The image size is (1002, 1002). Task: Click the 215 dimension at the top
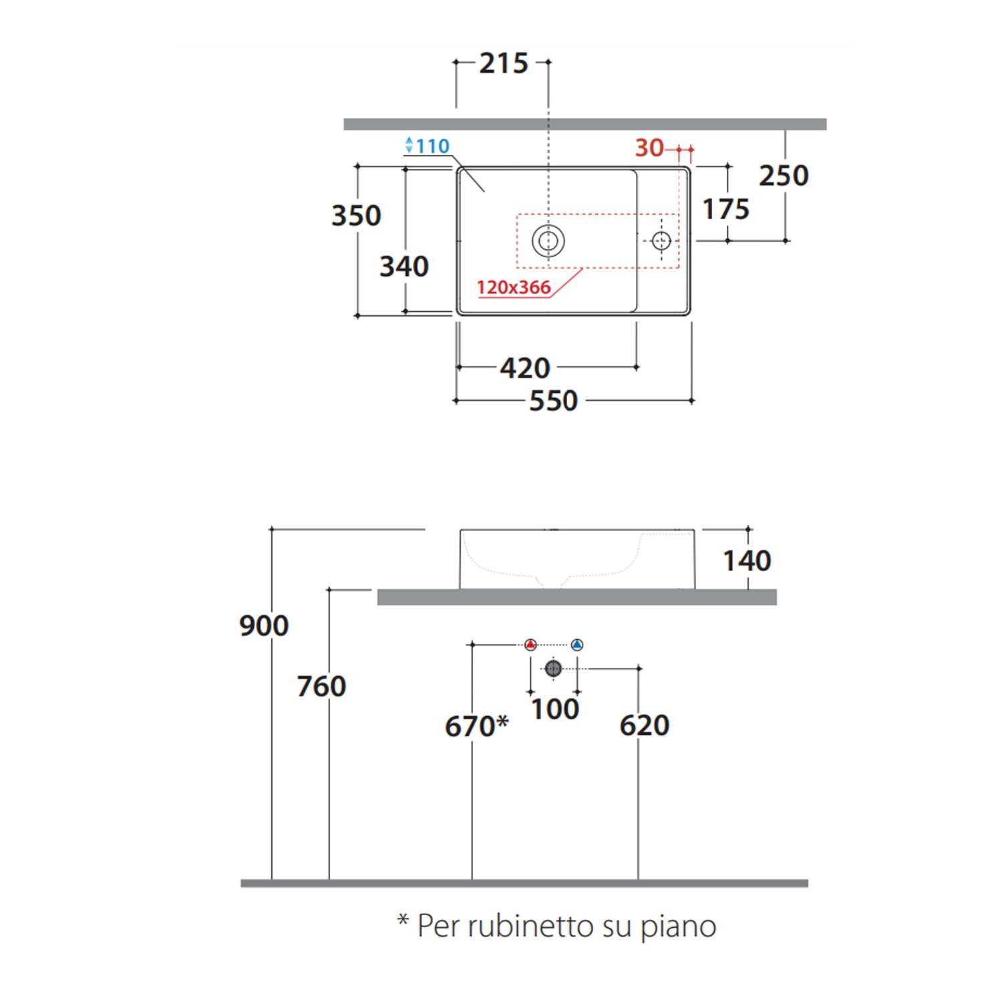point(504,63)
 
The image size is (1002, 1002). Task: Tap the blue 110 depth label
point(432,146)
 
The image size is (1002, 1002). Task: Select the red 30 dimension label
point(649,148)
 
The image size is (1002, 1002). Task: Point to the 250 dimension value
point(784,176)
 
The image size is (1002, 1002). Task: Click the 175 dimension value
point(725,209)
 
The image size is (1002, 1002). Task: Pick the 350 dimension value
point(356,216)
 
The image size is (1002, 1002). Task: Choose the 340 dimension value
point(403,267)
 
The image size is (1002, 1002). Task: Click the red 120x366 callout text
point(513,287)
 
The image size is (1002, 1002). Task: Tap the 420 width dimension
point(525,368)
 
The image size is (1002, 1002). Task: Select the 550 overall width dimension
point(553,401)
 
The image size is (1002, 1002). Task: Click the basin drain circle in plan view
point(548,240)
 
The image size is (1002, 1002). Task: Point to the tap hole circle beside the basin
point(661,240)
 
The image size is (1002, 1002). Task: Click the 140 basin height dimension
point(747,560)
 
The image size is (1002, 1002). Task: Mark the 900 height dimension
point(264,626)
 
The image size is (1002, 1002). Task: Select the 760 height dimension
point(321,686)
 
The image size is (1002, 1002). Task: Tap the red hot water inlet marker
point(530,645)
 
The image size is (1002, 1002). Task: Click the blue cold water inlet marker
point(577,645)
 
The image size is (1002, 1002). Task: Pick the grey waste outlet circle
point(553,668)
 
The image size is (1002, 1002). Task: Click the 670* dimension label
point(476,726)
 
